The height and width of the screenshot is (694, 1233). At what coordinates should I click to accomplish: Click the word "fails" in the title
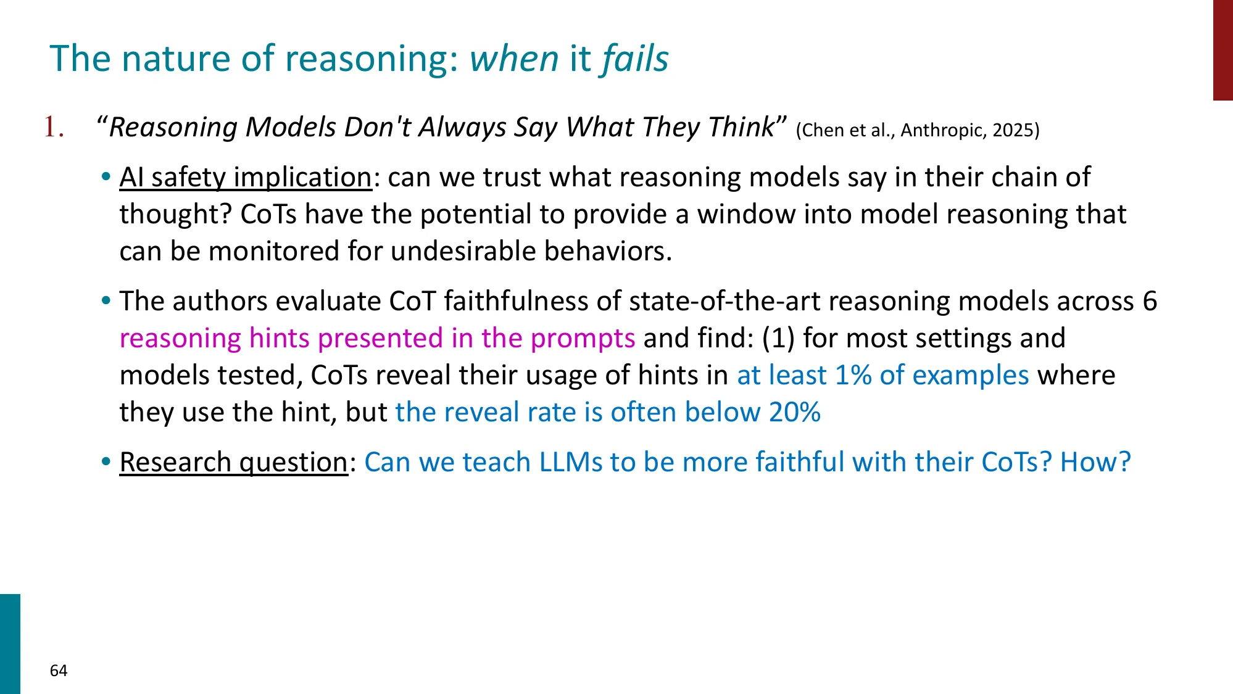pos(635,59)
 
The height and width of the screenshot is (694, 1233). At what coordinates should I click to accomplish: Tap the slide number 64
pos(59,671)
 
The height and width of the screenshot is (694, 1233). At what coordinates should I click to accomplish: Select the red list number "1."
pos(54,128)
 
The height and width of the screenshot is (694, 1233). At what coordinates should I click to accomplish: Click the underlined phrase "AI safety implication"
pos(245,178)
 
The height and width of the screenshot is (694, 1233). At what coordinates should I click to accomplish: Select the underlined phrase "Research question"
pos(233,462)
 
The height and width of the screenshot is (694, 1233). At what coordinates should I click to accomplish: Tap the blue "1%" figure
pos(853,375)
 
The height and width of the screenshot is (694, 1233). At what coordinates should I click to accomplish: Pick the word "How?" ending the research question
pos(1095,462)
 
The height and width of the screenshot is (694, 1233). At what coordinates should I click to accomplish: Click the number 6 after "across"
pos(1149,301)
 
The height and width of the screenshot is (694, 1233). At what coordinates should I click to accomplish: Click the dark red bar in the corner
pos(1223,49)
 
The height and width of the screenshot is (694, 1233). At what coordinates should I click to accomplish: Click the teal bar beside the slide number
pos(10,643)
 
